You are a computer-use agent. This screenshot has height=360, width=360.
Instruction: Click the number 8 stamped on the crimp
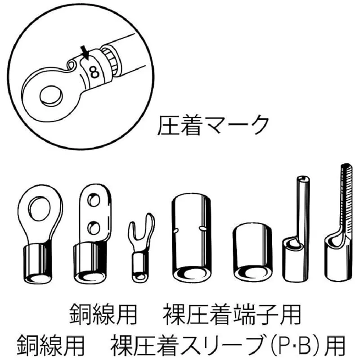tap(94, 72)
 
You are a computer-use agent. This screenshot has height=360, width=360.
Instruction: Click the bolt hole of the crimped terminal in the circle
tap(51, 96)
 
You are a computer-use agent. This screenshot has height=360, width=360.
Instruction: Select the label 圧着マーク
tap(213, 126)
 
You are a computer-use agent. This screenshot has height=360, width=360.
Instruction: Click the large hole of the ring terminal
tap(39, 209)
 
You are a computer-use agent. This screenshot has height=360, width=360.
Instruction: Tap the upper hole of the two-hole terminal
tap(94, 200)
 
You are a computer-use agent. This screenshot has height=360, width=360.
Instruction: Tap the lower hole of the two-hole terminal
tap(94, 228)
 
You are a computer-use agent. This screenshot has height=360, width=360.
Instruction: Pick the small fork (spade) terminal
tap(140, 248)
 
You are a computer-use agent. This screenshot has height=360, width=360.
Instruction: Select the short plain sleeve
tap(252, 252)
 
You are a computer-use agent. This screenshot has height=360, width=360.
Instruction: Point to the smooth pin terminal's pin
tap(303, 208)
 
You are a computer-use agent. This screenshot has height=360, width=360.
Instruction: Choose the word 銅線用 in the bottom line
tap(51, 346)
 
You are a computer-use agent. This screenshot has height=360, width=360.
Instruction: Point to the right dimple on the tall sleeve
tap(202, 228)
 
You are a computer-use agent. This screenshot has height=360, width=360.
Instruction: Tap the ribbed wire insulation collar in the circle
tap(111, 60)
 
